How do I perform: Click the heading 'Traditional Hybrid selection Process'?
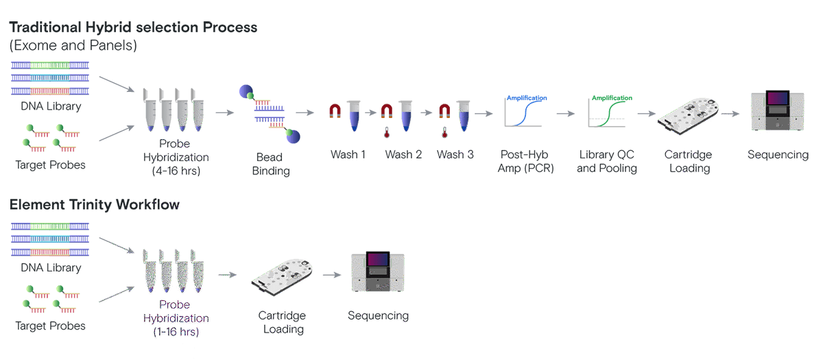(x=133, y=28)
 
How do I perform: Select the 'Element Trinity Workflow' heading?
(x=95, y=204)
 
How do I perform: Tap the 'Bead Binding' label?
(x=271, y=164)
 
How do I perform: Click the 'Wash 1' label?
(x=348, y=154)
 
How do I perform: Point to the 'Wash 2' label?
(x=403, y=154)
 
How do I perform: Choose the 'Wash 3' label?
(x=455, y=154)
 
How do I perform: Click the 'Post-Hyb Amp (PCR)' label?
(x=525, y=161)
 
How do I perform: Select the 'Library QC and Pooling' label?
(x=607, y=161)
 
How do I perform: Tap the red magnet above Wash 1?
(x=335, y=110)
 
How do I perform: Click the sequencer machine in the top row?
(x=778, y=111)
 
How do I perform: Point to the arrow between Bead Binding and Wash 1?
(x=305, y=112)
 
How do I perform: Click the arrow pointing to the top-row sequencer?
(x=731, y=113)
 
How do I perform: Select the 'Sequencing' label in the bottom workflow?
(x=378, y=315)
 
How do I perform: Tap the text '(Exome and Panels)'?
(x=73, y=46)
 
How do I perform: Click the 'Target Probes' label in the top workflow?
(x=50, y=165)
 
